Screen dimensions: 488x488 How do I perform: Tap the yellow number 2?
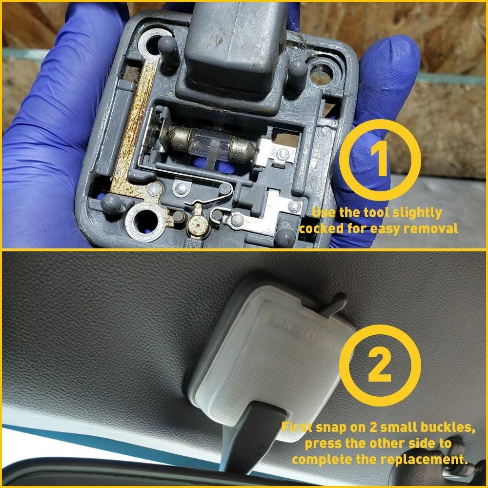pyautogui.click(x=380, y=365)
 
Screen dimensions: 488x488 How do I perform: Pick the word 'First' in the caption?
pyautogui.click(x=297, y=427)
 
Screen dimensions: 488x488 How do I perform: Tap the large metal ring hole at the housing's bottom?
pyautogui.click(x=145, y=221)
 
